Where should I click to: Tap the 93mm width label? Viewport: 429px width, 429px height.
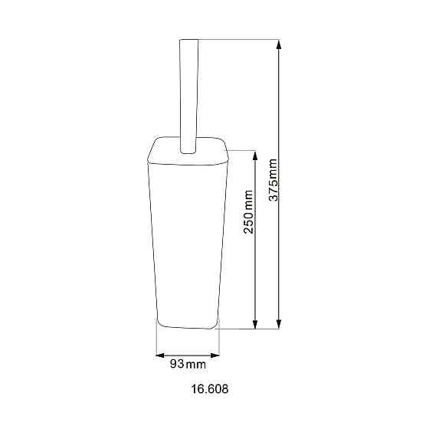tap(188, 364)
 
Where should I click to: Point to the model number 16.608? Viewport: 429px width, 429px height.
tap(209, 389)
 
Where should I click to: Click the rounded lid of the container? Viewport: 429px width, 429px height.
tap(188, 152)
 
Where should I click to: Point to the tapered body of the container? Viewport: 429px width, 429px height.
tap(188, 237)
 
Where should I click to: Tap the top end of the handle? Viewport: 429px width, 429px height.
tap(188, 41)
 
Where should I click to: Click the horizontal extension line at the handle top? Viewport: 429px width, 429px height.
tap(237, 39)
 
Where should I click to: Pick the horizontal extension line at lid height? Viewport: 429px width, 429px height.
tap(241, 149)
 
